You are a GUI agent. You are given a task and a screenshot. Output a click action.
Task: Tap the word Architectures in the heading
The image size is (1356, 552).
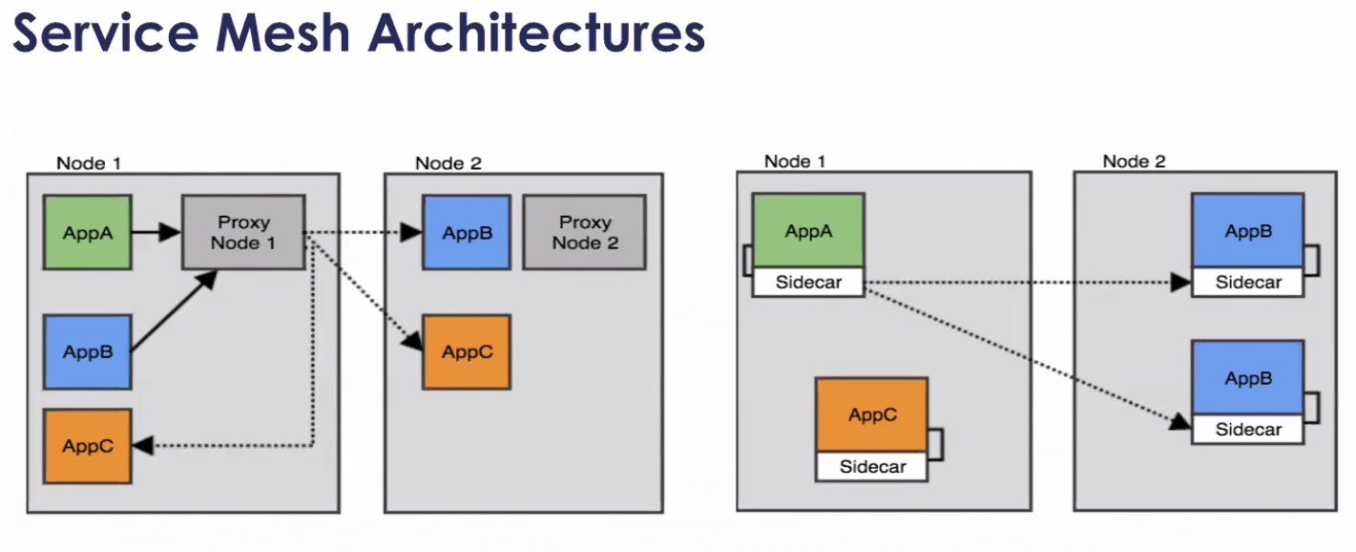[x=536, y=33]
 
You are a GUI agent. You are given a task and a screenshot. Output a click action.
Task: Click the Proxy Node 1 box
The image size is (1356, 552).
[x=243, y=232]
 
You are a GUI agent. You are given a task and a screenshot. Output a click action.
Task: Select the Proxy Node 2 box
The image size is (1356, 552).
[x=584, y=232]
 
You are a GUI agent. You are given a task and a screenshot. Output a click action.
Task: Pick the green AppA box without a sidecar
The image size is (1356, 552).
[x=87, y=231]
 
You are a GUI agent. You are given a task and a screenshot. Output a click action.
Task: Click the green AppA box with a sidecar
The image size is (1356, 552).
[x=807, y=231]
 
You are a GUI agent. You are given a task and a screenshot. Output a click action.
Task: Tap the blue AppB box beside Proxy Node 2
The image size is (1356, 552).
[x=467, y=232]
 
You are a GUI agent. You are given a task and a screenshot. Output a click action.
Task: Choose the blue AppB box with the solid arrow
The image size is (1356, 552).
[x=87, y=351]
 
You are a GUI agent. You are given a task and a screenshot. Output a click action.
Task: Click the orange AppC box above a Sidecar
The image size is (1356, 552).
[x=871, y=415]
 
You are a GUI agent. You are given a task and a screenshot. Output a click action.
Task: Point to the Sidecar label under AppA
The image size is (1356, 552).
[x=807, y=284]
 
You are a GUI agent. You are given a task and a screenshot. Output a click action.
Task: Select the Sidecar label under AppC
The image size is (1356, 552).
[x=871, y=467]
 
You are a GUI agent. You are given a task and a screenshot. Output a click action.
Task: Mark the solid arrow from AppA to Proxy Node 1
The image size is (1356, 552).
[x=156, y=231]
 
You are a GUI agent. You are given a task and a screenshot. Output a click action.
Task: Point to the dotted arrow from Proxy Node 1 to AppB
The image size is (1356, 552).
[x=363, y=232]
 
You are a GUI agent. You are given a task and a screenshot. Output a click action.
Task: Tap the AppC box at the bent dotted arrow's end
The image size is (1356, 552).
[x=87, y=445]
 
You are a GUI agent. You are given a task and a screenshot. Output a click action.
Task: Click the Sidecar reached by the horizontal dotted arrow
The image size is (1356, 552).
[x=1247, y=283]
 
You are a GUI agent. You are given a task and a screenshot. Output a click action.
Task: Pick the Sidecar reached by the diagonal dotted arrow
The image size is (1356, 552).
[x=1247, y=430]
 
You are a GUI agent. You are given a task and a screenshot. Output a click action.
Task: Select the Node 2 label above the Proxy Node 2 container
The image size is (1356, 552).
[x=448, y=163]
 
